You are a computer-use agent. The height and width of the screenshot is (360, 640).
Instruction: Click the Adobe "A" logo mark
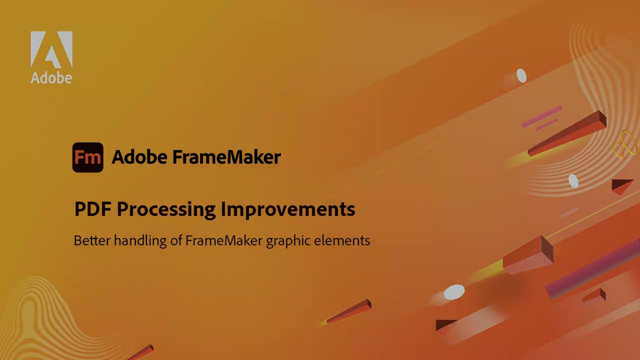point(51,49)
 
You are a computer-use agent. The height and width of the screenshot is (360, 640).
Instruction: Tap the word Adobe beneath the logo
point(51,78)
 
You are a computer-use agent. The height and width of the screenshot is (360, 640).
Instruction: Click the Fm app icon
point(88,157)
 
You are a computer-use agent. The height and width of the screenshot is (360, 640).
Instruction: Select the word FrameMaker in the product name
point(226,157)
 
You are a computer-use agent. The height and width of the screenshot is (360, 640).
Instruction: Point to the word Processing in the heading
point(166,209)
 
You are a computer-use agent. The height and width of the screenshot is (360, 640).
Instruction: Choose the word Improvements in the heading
point(288,209)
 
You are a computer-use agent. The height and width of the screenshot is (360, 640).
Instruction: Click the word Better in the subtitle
point(92,240)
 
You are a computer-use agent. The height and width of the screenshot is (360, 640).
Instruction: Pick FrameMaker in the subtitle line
point(223,240)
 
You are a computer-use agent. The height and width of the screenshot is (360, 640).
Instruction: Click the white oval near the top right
point(521,76)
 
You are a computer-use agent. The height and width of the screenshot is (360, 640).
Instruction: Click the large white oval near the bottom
point(454,292)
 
